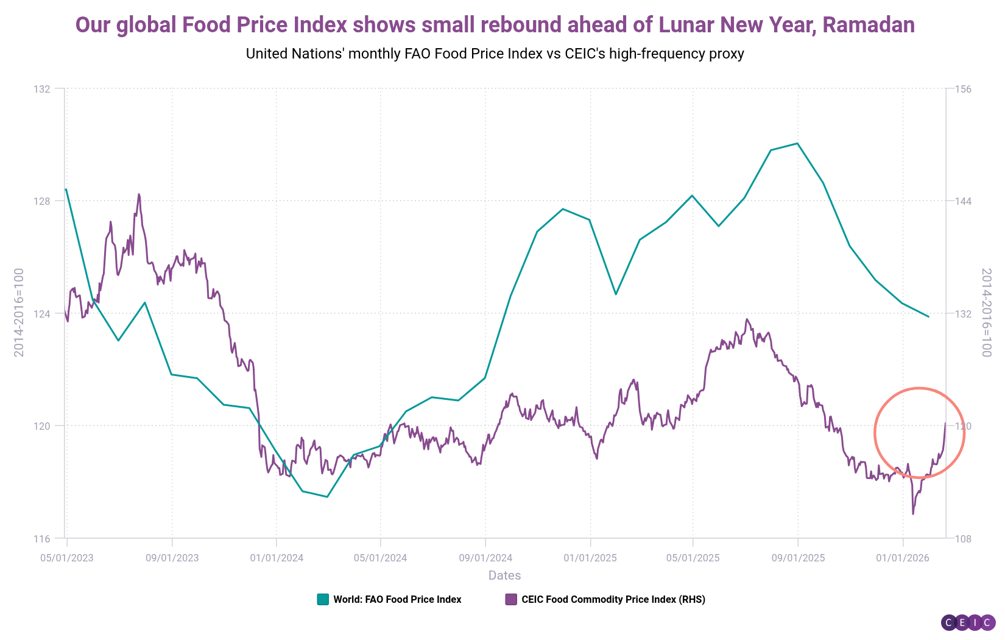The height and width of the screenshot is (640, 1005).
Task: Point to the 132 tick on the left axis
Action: [x=42, y=89]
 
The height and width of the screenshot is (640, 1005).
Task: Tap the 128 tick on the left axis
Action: [x=42, y=201]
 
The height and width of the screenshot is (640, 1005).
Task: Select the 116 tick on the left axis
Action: [x=42, y=539]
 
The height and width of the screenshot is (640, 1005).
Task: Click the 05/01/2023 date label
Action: [x=67, y=558]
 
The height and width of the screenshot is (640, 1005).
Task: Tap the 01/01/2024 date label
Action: [x=277, y=558]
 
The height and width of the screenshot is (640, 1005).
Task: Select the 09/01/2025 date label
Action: [x=798, y=558]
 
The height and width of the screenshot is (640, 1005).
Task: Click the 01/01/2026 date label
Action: [x=903, y=558]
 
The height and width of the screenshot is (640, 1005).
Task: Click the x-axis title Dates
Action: [x=504, y=575]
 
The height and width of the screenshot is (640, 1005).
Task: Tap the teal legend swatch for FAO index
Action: [x=323, y=599]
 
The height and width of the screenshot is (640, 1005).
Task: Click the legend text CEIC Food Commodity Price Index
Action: [x=613, y=599]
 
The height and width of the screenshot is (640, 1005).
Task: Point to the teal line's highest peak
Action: [x=797, y=143]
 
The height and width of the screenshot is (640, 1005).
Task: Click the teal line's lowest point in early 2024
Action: [x=327, y=497]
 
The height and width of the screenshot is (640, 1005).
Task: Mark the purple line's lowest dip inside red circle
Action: [x=913, y=514]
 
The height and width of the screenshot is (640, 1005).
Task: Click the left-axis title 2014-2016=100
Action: [x=19, y=312]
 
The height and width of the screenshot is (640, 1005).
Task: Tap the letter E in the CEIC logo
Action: [x=962, y=623]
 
